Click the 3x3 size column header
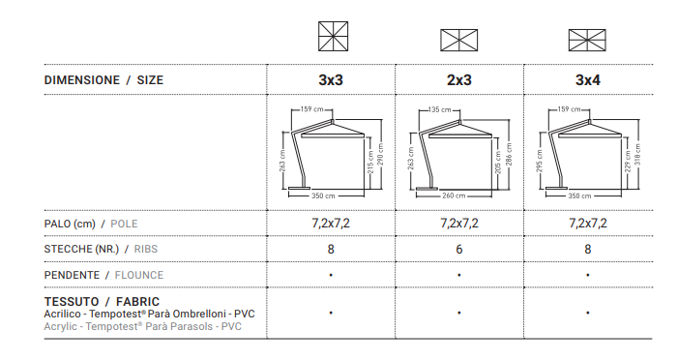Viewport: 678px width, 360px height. point(331,80)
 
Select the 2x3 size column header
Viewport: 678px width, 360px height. point(459,80)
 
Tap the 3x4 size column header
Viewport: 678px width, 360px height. point(588,80)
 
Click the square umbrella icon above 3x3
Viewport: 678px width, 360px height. point(333,37)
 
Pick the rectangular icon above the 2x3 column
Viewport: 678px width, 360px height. point(459,41)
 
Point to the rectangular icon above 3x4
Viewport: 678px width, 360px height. point(587,41)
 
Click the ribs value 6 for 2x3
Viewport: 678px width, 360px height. point(459,250)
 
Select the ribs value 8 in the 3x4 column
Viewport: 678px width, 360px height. point(588,250)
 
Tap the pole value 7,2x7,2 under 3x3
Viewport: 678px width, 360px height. point(331,224)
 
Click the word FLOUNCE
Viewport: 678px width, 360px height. point(139,275)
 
